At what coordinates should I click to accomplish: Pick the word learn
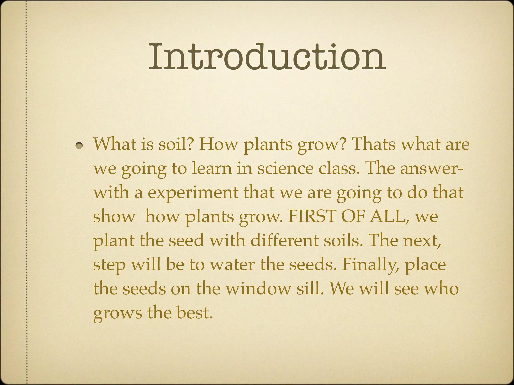[x=212, y=168]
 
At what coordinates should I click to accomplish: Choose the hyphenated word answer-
[x=431, y=168]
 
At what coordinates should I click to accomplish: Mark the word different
[x=284, y=240]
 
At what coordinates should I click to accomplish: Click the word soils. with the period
[x=343, y=240]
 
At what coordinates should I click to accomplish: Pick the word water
[x=232, y=265]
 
